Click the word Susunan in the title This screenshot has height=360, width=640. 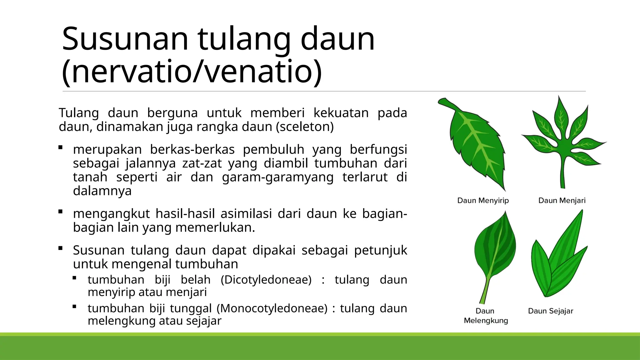pyautogui.click(x=125, y=39)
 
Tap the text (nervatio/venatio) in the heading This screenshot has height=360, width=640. pyautogui.click(x=192, y=72)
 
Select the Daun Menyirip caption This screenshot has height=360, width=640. pyautogui.click(x=483, y=200)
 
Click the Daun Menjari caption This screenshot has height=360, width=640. pyautogui.click(x=562, y=200)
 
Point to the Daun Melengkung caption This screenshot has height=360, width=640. pyautogui.click(x=486, y=316)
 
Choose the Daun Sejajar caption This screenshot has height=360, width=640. pyautogui.click(x=550, y=311)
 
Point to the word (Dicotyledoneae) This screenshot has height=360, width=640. pyautogui.click(x=266, y=280)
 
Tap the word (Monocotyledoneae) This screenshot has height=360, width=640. pyautogui.click(x=272, y=308)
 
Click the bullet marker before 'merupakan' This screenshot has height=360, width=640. pyautogui.click(x=61, y=147)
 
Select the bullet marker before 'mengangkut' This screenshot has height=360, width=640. pyautogui.click(x=61, y=212)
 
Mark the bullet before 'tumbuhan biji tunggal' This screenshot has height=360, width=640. pyautogui.click(x=74, y=307)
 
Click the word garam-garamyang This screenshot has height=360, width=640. pyautogui.click(x=277, y=177)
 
